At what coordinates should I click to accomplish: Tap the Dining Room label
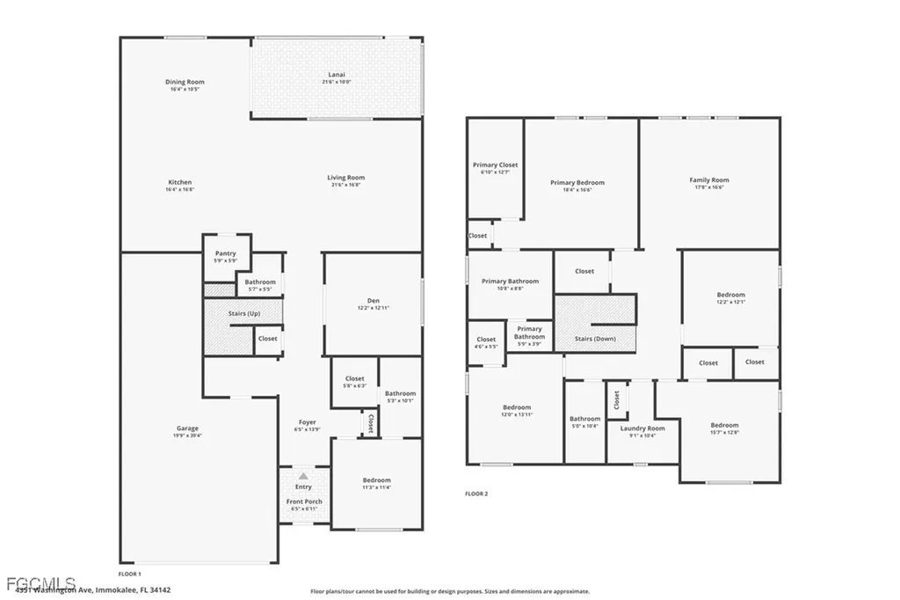185,82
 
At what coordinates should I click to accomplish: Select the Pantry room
226,256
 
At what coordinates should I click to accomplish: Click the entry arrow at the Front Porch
303,476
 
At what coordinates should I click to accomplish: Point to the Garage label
187,428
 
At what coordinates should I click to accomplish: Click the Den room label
373,301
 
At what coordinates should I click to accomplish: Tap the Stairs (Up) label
243,312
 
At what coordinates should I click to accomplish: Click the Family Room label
708,180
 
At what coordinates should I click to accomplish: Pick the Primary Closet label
495,165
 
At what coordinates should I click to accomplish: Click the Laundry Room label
642,428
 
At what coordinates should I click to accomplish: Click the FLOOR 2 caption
476,494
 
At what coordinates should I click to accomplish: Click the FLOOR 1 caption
129,573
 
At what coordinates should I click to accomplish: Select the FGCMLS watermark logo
39,583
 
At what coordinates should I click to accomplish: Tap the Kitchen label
179,182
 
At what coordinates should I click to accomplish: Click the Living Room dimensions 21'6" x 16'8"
345,185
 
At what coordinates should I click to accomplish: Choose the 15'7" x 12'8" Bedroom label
724,428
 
